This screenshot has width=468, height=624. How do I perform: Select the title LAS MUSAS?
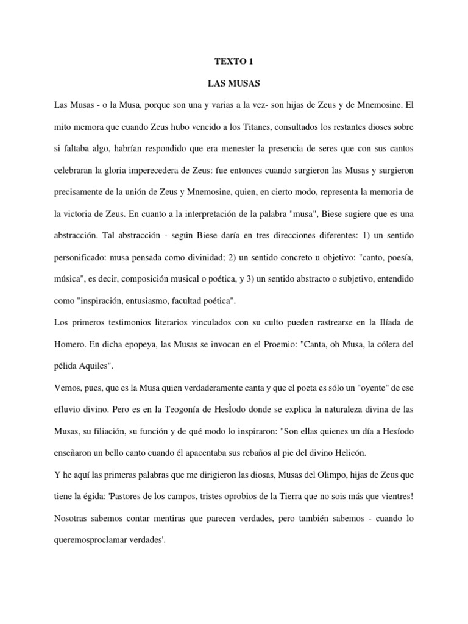pos(233,82)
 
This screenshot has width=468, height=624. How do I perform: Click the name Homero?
pos(71,344)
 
